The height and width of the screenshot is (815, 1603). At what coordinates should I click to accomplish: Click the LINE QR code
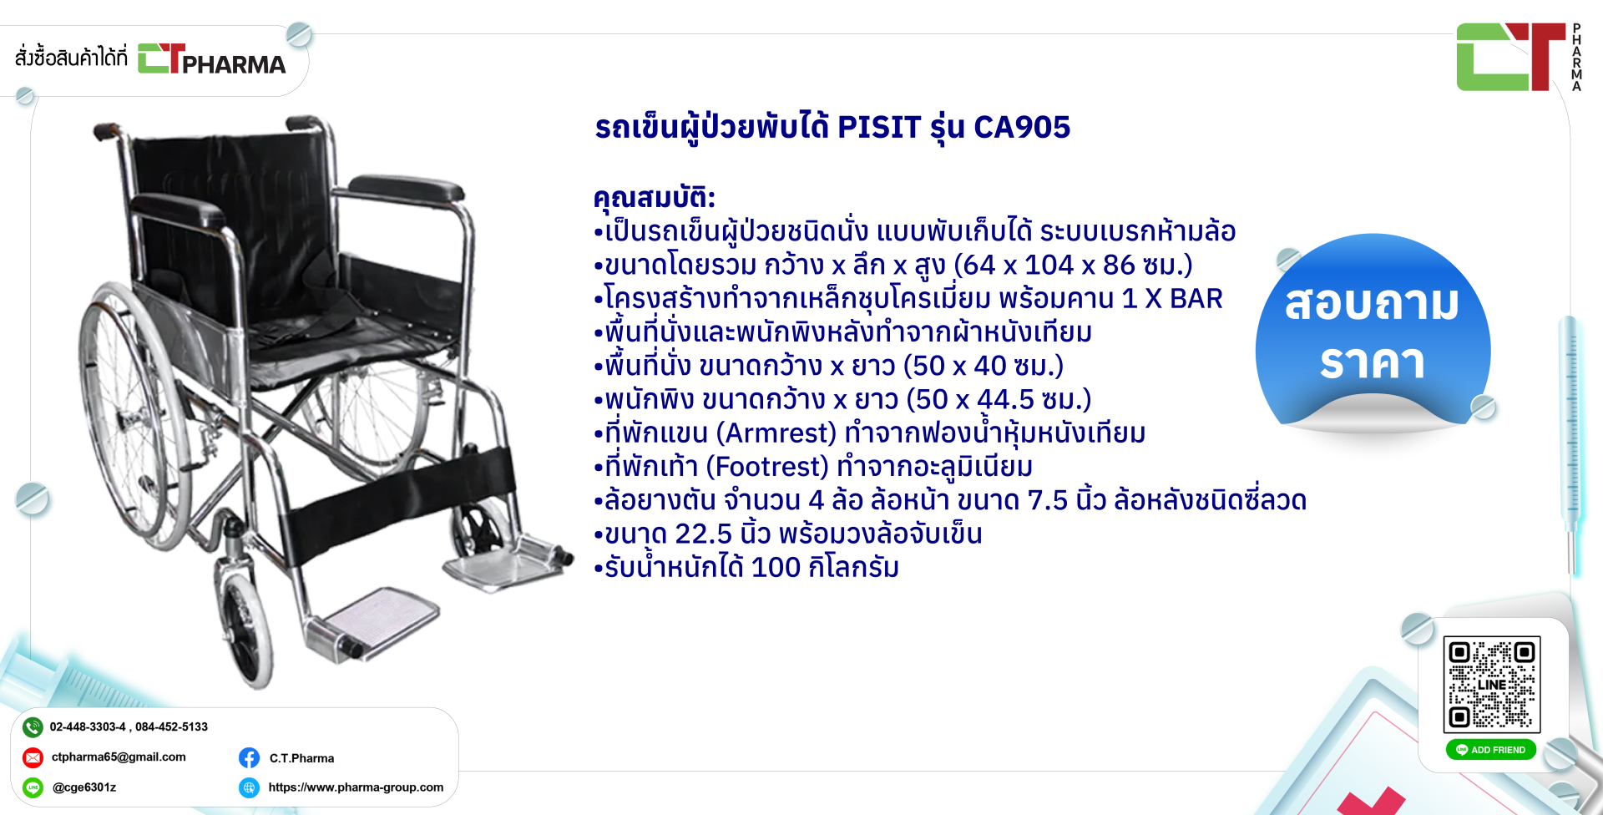coord(1492,685)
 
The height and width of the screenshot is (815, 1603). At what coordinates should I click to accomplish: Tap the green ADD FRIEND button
coord(1491,750)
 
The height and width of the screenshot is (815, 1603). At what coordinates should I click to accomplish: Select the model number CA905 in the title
coord(1022,127)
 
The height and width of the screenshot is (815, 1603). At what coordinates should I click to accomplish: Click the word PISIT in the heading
coord(879,127)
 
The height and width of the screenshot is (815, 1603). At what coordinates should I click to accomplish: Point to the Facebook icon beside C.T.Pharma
coord(249,757)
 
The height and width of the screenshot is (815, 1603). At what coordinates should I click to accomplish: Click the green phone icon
coord(33,727)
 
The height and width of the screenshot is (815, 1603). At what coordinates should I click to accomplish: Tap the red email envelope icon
coord(33,757)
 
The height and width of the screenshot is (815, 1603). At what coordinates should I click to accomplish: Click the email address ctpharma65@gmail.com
coord(119,757)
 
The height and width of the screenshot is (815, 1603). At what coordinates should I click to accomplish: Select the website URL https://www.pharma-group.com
coord(356,787)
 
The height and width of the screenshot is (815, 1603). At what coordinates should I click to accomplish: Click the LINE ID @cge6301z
coord(83,787)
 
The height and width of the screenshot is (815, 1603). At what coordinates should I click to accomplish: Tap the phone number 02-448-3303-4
coord(88,726)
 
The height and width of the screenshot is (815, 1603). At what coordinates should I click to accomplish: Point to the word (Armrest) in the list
coord(781,433)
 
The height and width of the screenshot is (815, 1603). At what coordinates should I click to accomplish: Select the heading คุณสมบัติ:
coord(655,197)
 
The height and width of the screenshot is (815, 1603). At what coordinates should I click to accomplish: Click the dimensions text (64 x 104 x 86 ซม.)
coord(1074,265)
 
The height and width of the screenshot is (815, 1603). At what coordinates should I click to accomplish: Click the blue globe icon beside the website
coord(249,787)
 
